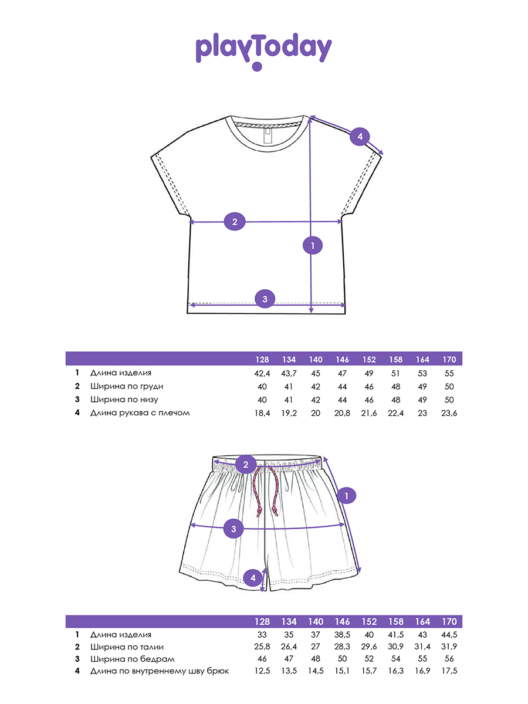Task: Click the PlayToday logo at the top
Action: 263,52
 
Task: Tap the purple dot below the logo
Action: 257,66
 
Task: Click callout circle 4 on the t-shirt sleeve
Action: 360,137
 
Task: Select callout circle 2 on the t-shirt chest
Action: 235,222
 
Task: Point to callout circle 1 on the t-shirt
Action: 313,246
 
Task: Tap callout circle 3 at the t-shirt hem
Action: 265,299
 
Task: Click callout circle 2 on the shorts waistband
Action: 246,464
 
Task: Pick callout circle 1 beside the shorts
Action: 346,496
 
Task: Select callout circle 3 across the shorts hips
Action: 233,529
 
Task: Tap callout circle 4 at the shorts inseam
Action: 253,578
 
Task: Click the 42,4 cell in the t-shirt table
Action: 262,373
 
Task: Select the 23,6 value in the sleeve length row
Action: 449,413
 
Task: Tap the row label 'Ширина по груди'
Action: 127,387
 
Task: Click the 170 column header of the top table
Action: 449,360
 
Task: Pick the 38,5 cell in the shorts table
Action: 342,635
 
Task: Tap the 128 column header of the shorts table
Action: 262,622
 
